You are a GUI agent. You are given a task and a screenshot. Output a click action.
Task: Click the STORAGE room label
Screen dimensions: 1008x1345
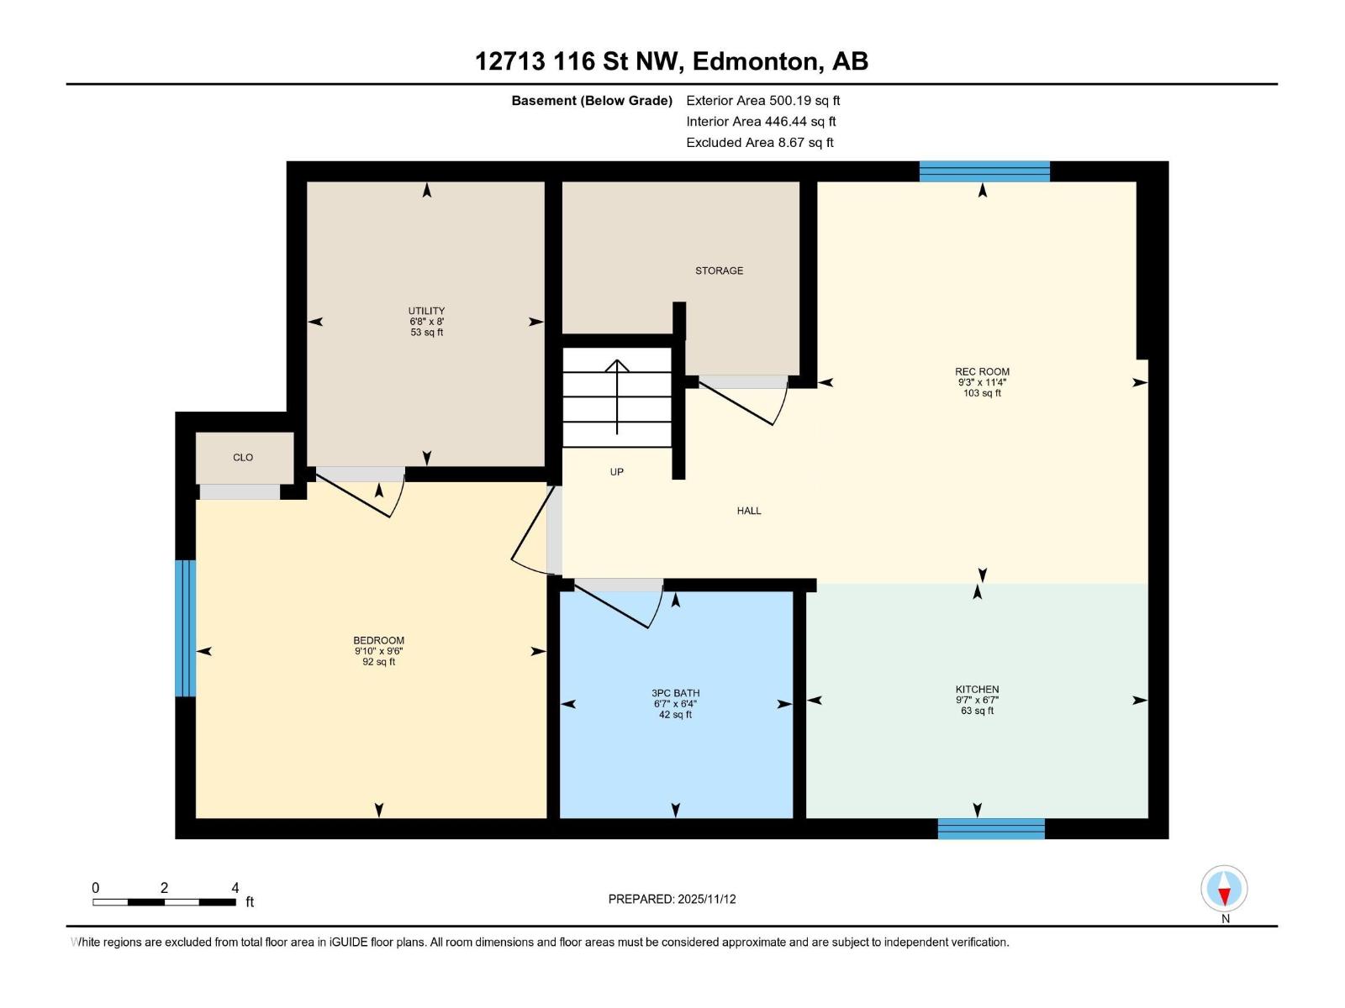(x=719, y=270)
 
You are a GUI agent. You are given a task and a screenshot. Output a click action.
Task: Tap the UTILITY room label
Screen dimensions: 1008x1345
(x=426, y=311)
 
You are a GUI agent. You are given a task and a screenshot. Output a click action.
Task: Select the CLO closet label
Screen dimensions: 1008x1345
(x=243, y=458)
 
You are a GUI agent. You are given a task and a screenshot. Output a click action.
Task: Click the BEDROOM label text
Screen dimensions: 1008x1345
(x=378, y=640)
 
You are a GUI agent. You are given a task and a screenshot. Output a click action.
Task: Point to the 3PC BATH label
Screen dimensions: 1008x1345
(x=675, y=693)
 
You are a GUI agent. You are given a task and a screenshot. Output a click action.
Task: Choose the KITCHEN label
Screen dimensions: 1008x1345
(x=977, y=689)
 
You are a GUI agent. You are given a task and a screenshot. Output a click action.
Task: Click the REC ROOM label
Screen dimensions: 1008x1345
(x=982, y=371)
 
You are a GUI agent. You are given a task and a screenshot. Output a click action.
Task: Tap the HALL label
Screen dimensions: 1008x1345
(x=748, y=511)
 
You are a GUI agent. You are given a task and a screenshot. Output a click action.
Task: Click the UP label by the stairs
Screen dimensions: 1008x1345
(x=616, y=472)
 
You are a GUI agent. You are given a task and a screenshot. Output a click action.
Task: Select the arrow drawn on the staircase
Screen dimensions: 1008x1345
(x=618, y=395)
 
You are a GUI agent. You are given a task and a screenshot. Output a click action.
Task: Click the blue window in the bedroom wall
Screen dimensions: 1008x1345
(x=185, y=627)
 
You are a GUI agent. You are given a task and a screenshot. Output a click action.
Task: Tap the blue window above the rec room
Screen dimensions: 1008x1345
(x=984, y=171)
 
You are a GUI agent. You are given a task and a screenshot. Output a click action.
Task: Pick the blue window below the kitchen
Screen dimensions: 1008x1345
(x=991, y=828)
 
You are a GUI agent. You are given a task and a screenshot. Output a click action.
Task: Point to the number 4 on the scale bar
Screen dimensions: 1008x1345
(x=235, y=888)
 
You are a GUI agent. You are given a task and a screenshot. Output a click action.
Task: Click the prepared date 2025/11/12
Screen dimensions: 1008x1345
(x=706, y=899)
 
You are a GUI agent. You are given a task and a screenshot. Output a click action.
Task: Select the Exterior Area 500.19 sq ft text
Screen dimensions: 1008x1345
(x=762, y=101)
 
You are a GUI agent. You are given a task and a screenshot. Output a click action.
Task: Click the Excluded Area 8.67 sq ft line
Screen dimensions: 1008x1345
(x=759, y=143)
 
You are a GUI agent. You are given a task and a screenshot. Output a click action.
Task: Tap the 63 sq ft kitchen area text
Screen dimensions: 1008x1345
(x=977, y=711)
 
